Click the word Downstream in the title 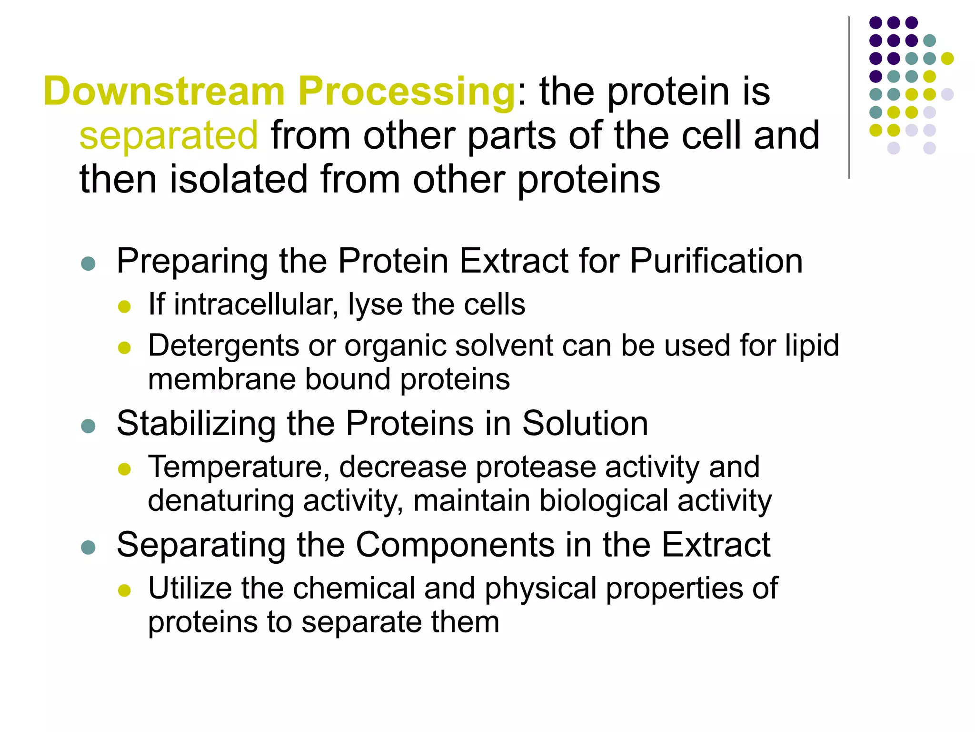tap(164, 91)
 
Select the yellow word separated tap(169, 136)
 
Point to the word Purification tap(716, 262)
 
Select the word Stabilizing tap(196, 424)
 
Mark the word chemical tap(354, 589)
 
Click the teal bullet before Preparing tap(89, 264)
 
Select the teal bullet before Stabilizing tap(89, 426)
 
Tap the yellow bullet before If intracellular tap(124, 306)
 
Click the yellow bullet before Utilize tap(124, 591)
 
